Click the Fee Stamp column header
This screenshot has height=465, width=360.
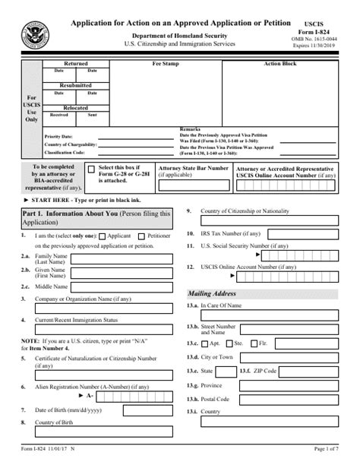[166, 64]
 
